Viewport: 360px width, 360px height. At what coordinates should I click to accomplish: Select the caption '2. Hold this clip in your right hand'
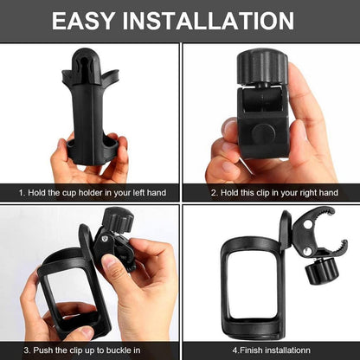[x=271, y=192]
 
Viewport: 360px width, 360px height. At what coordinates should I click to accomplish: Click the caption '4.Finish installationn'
[x=269, y=350]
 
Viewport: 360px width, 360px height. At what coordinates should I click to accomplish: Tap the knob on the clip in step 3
[x=116, y=221]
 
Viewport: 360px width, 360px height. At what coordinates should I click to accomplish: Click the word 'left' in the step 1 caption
[x=126, y=192]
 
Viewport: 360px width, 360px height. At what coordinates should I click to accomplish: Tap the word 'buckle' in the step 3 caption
[x=115, y=350]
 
